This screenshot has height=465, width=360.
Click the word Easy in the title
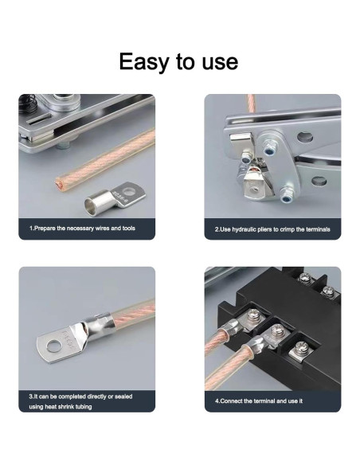[143, 62]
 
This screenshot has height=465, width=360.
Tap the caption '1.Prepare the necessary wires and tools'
[82, 229]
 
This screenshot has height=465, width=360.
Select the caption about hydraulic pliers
[272, 229]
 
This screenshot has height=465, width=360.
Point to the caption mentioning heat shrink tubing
[80, 401]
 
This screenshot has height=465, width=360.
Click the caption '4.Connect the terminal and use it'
[259, 401]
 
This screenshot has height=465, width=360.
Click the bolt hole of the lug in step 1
[128, 192]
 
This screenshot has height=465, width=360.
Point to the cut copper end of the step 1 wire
[59, 185]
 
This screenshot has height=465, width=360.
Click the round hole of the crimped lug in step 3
[54, 346]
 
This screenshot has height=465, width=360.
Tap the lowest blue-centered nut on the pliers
[286, 196]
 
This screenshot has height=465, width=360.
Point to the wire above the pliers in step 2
[251, 103]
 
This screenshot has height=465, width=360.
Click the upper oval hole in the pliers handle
[305, 137]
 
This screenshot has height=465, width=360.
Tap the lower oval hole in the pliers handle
[319, 181]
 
